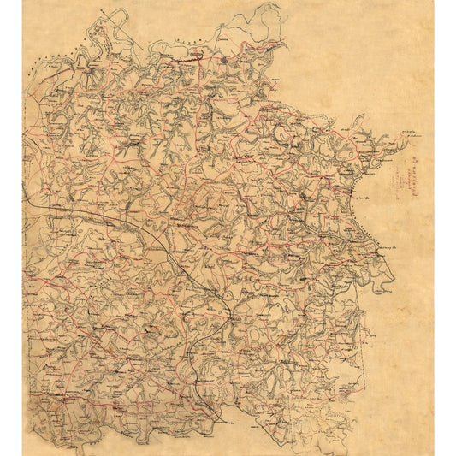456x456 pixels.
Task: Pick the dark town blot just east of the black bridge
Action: pyautogui.click(x=223, y=61)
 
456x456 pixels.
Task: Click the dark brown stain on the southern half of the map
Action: pyautogui.click(x=150, y=326)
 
